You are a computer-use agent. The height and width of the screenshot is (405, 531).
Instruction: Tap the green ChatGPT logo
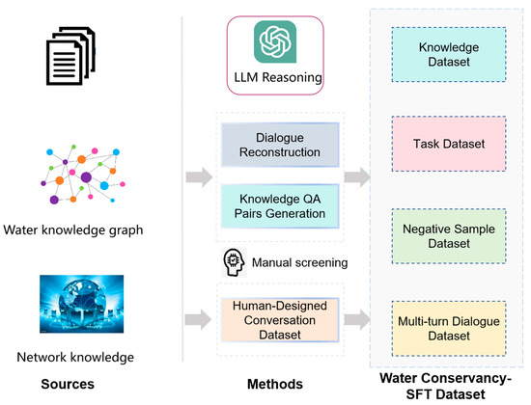pyautogui.click(x=276, y=42)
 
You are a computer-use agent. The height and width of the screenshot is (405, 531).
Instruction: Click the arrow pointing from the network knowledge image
pyautogui.click(x=195, y=315)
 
